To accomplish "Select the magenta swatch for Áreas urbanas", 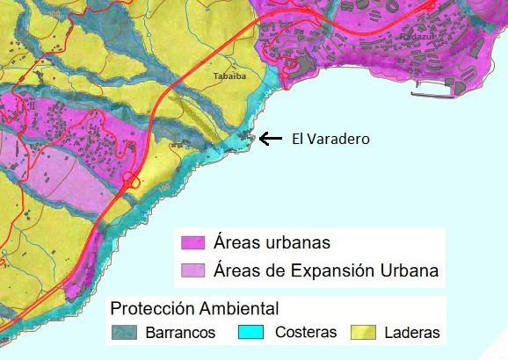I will pos(193,243).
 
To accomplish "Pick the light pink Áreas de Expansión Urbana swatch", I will pos(193,269).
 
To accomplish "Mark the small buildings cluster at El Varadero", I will pos(246,138).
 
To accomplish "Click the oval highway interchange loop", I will pos(133,181).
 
